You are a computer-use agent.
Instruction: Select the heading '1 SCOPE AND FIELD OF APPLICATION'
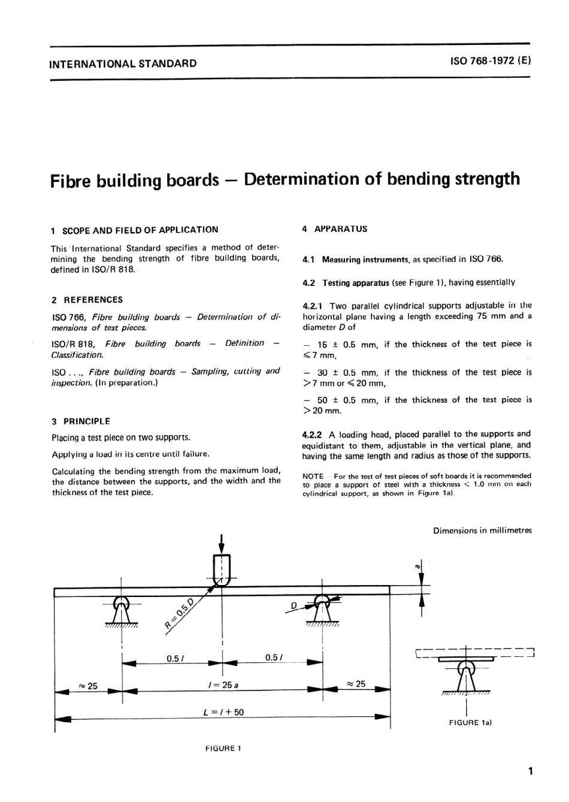pyautogui.click(x=135, y=230)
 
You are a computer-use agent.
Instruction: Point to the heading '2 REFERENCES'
pyautogui.click(x=87, y=300)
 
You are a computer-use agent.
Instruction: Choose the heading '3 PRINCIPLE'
pyautogui.click(x=81, y=421)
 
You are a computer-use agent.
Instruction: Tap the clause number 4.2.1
pyautogui.click(x=313, y=305)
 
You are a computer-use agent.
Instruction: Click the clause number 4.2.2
pyautogui.click(x=313, y=434)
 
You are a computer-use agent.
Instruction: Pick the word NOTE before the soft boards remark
pyautogui.click(x=313, y=476)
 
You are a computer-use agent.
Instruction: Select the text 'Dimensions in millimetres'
pyautogui.click(x=482, y=530)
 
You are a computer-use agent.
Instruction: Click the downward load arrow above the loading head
pyautogui.click(x=223, y=542)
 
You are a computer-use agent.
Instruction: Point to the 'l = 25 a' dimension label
pyautogui.click(x=222, y=685)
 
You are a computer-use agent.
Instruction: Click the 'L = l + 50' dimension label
pyautogui.click(x=223, y=712)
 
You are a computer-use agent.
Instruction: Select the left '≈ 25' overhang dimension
pyautogui.click(x=88, y=686)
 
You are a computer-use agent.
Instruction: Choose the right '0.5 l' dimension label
pyautogui.click(x=273, y=658)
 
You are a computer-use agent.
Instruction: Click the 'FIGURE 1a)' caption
pyautogui.click(x=470, y=722)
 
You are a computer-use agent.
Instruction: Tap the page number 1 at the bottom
pyautogui.click(x=530, y=771)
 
